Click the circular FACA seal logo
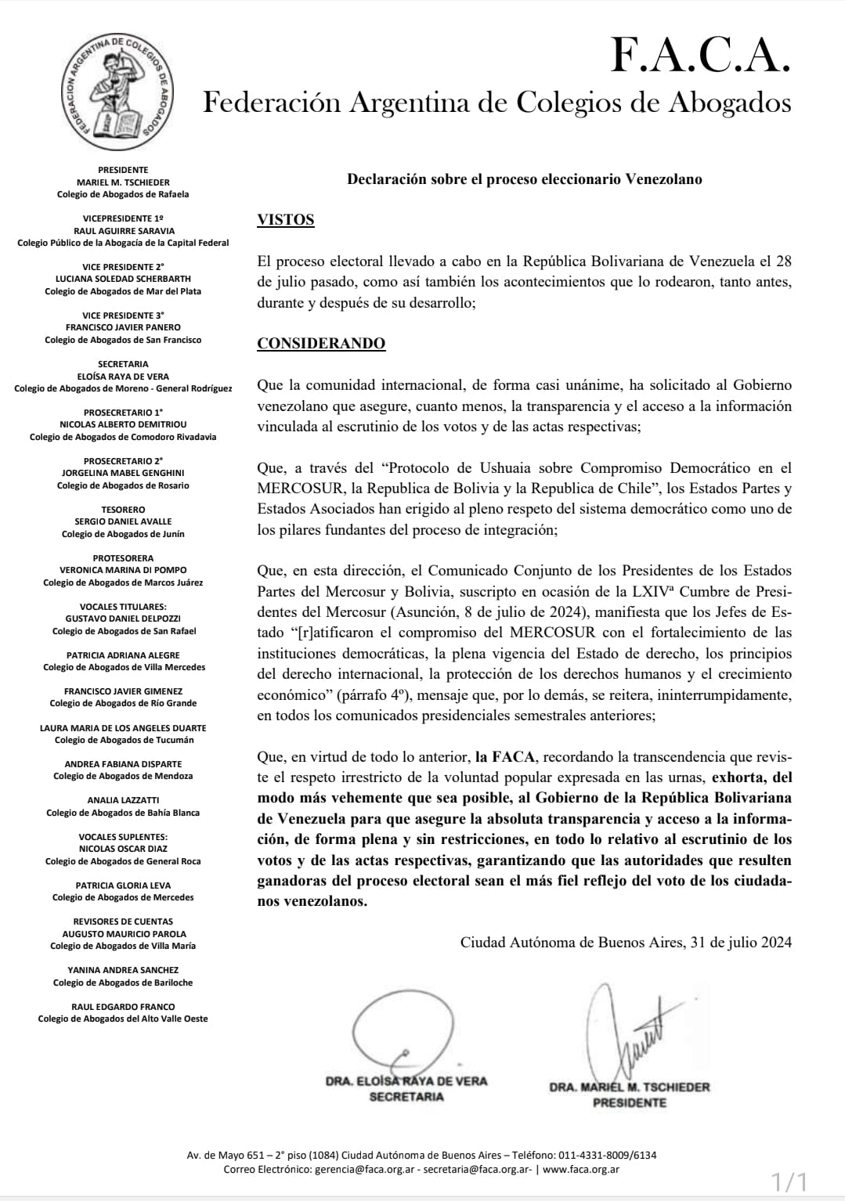pyautogui.click(x=119, y=92)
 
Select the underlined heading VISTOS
pyautogui.click(x=285, y=220)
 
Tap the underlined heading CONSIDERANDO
pyautogui.click(x=321, y=344)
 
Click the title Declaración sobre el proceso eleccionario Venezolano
pyautogui.click(x=524, y=179)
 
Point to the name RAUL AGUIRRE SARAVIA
pyautogui.click(x=124, y=231)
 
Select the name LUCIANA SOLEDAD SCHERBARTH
pyautogui.click(x=123, y=279)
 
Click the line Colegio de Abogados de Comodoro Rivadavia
pyautogui.click(x=123, y=437)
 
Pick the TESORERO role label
pyautogui.click(x=123, y=510)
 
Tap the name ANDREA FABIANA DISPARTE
pyautogui.click(x=123, y=764)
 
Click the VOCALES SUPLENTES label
pyautogui.click(x=123, y=837)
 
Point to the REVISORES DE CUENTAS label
pyautogui.click(x=123, y=921)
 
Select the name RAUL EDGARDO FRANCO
pyautogui.click(x=123, y=1007)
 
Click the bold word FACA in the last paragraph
pyautogui.click(x=513, y=757)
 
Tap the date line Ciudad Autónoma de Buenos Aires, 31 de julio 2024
pyautogui.click(x=626, y=942)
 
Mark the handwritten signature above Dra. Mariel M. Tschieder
pyautogui.click(x=627, y=1030)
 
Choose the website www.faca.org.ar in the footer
pyautogui.click(x=581, y=1170)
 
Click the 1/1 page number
pyautogui.click(x=789, y=1181)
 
